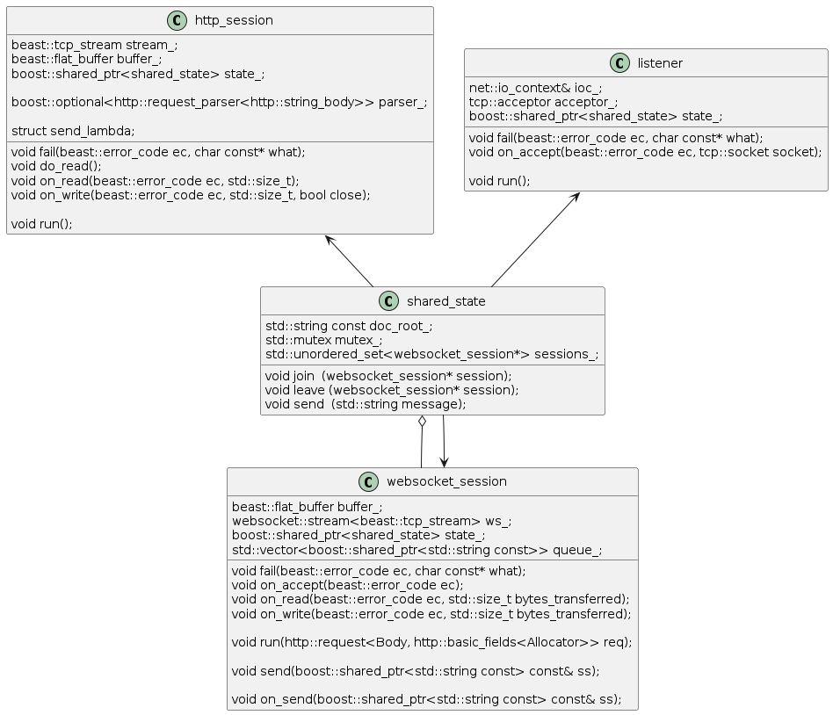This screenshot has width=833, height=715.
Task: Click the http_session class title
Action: point(234,20)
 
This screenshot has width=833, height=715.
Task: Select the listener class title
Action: point(660,63)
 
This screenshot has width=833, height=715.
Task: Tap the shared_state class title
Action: point(445,301)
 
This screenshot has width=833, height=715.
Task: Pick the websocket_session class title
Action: point(446,481)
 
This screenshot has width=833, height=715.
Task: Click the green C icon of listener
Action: point(620,62)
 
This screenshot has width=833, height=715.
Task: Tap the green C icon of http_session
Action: point(177,20)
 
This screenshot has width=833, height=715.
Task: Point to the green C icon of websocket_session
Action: point(369,481)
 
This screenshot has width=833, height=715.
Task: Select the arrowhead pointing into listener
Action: point(575,198)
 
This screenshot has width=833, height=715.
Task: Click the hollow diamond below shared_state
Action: point(422,422)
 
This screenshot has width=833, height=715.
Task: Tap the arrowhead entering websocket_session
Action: point(444,462)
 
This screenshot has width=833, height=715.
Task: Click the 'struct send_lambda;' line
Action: point(73,131)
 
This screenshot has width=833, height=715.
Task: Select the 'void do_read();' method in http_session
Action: point(56,166)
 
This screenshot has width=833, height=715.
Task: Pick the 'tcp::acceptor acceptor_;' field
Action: point(543,102)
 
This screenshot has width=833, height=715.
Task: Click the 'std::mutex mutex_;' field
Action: point(323,340)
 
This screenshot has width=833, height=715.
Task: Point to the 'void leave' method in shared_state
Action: point(392,390)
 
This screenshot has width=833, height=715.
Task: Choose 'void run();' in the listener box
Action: point(499,181)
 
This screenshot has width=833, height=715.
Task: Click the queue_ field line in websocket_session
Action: point(417,550)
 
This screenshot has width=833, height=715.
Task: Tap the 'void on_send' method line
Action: point(426,699)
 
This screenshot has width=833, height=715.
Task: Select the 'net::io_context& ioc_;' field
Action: point(535,88)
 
